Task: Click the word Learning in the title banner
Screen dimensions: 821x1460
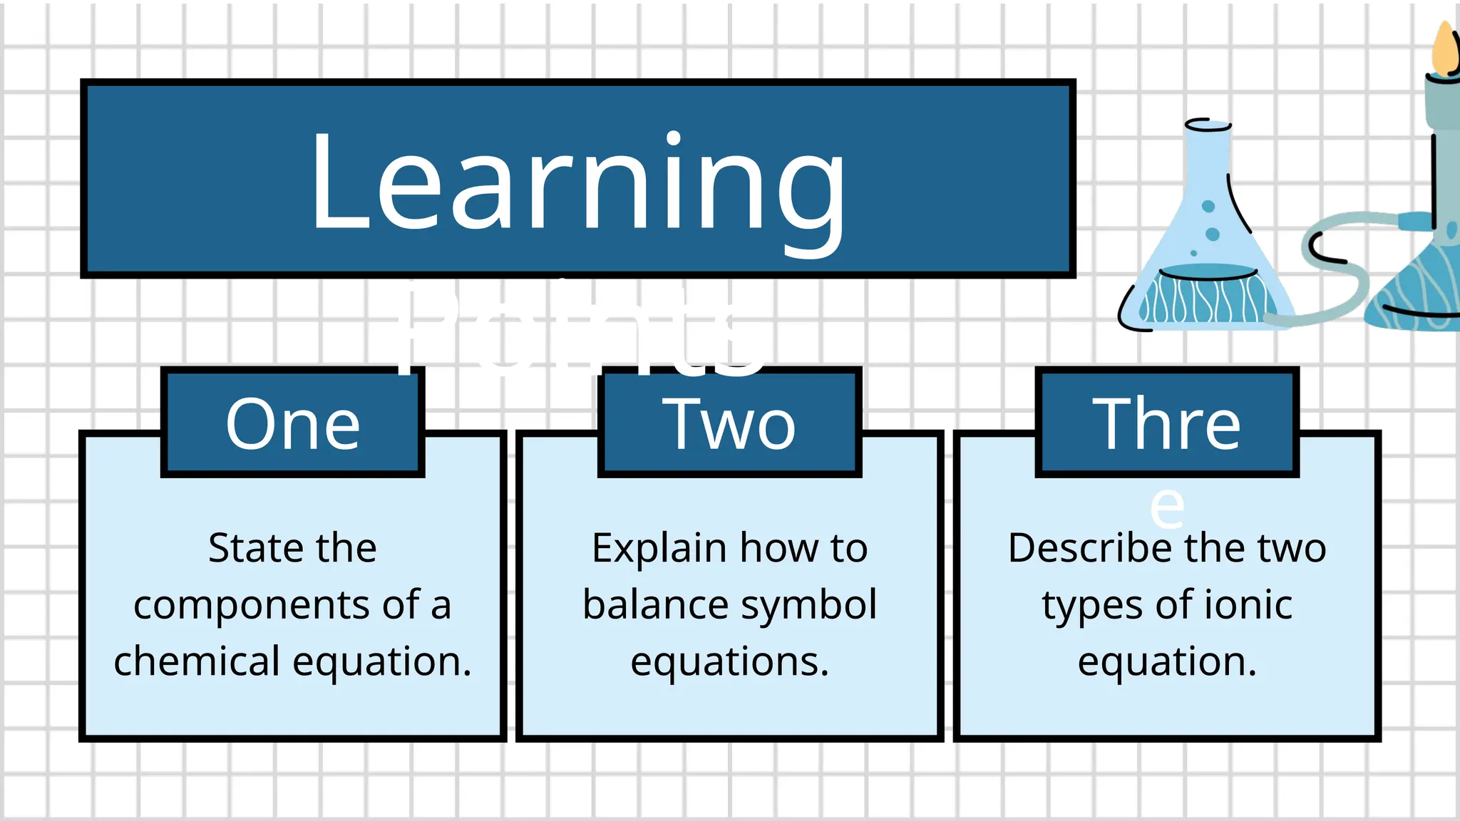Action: pyautogui.click(x=578, y=182)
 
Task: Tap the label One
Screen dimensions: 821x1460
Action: pyautogui.click(x=293, y=425)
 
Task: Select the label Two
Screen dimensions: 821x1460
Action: pyautogui.click(x=729, y=425)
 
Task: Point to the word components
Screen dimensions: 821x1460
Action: pyautogui.click(x=252, y=606)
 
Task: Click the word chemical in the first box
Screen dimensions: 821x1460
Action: pyautogui.click(x=197, y=661)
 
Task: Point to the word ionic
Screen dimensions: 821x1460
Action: pyautogui.click(x=1248, y=605)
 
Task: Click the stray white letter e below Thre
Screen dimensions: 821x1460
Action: pyautogui.click(x=1168, y=507)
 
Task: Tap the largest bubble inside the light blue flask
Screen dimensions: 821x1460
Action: pyautogui.click(x=1212, y=234)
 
